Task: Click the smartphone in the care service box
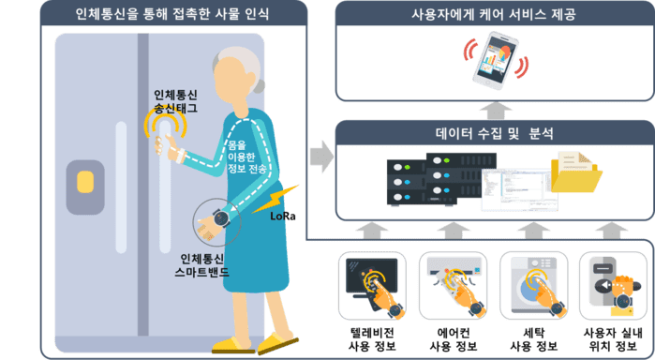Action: [x=496, y=61]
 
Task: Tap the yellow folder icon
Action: [x=576, y=172]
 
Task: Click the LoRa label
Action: [x=283, y=216]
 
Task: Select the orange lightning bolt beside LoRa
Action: [x=275, y=199]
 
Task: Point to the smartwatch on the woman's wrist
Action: [x=221, y=218]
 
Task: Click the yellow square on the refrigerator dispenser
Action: [x=85, y=182]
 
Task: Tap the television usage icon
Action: [x=372, y=286]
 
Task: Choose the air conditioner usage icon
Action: [x=454, y=286]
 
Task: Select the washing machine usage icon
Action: [x=534, y=286]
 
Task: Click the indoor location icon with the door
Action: [x=613, y=286]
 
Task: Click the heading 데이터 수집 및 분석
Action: [x=495, y=133]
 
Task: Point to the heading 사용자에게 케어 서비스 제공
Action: [x=494, y=14]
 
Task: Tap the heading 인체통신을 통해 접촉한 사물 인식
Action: [x=172, y=14]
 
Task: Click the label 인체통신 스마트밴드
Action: [x=202, y=265]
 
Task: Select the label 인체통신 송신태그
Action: [x=175, y=101]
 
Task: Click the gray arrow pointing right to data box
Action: [x=321, y=157]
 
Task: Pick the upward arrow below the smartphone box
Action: [x=496, y=111]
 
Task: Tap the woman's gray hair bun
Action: [x=260, y=85]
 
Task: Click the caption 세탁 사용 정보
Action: [x=534, y=339]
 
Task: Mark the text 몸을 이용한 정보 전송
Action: [x=246, y=157]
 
